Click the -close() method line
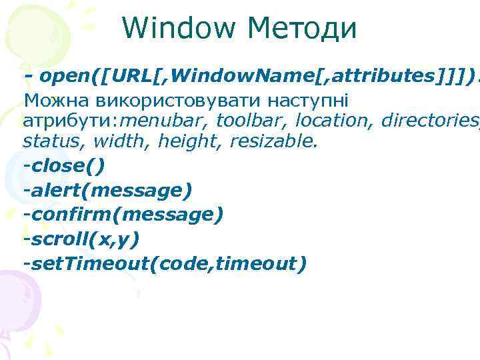pyautogui.click(x=64, y=166)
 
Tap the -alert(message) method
pyautogui.click(x=107, y=191)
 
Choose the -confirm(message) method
pyautogui.click(x=123, y=215)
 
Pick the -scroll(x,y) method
pyautogui.click(x=81, y=239)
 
